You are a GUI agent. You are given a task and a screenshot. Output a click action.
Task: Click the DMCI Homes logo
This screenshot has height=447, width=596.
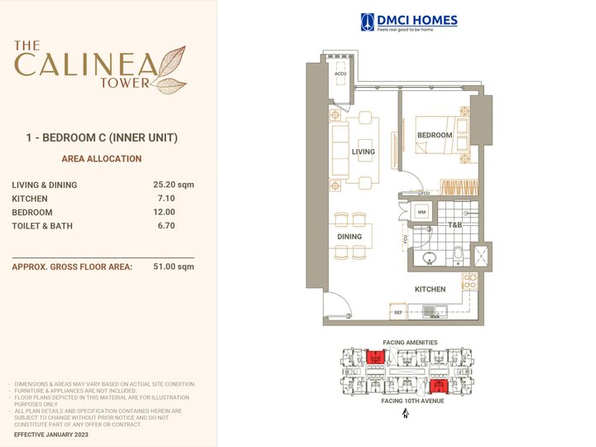point(408,22)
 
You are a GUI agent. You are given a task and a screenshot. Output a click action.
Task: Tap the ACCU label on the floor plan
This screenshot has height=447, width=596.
point(340,74)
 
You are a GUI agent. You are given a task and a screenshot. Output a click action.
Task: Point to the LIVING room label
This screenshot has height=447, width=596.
point(363,152)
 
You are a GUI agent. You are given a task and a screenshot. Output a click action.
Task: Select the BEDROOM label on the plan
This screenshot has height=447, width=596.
point(435,135)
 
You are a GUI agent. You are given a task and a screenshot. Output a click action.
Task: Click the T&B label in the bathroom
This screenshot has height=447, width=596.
point(454,224)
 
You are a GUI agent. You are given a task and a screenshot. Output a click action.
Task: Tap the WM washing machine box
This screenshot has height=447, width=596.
point(421,213)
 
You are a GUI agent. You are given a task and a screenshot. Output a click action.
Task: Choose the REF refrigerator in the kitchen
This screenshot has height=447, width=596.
point(398,313)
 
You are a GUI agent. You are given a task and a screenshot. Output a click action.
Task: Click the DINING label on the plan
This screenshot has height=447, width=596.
point(349,237)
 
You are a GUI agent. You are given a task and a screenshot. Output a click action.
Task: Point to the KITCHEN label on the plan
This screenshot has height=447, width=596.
point(430,290)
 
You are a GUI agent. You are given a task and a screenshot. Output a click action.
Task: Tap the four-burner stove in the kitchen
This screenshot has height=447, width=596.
point(469,281)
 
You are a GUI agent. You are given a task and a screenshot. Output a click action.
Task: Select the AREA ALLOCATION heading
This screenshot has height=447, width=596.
point(102,159)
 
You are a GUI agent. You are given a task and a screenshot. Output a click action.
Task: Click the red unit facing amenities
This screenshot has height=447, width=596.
point(373,358)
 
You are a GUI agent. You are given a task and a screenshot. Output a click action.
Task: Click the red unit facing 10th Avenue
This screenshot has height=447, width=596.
point(439,385)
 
